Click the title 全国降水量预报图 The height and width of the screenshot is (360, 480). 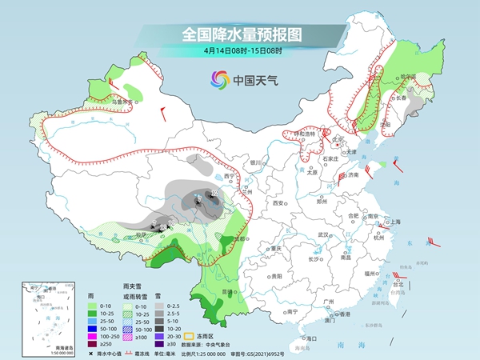(240, 34)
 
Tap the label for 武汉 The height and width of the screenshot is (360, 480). (323, 234)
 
